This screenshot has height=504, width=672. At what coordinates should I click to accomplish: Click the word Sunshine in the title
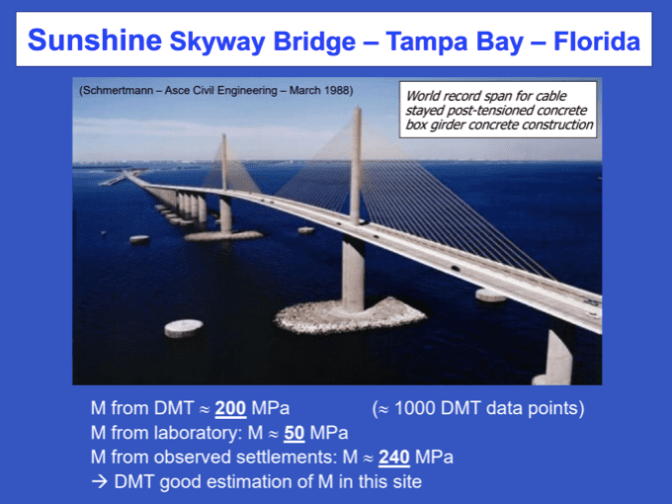[x=95, y=41]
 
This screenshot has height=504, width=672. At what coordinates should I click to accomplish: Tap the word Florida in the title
[x=597, y=42]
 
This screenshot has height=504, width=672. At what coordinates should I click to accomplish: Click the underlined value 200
[x=230, y=408]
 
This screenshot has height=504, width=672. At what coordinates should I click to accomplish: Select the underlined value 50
[x=294, y=433]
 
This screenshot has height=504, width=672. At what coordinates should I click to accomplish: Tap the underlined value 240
[x=394, y=458]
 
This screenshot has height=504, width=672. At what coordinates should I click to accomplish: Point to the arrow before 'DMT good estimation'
[x=100, y=481]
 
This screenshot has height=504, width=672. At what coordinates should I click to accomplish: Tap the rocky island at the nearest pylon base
[x=350, y=317]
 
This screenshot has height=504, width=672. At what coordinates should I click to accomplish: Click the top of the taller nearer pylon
[x=358, y=110]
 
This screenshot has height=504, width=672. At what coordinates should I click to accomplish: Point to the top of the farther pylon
[x=223, y=136]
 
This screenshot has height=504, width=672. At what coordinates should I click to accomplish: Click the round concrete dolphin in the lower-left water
[x=184, y=328]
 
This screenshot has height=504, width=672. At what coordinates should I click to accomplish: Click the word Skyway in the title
[x=217, y=42]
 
